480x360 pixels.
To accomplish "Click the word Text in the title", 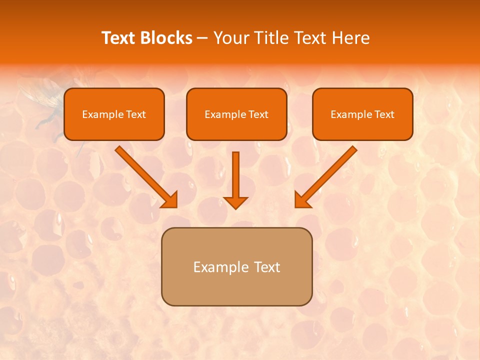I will (x=119, y=38).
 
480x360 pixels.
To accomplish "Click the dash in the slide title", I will (x=202, y=38).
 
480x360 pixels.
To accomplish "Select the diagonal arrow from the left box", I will (x=142, y=172).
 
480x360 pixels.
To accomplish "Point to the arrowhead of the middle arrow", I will (x=235, y=202).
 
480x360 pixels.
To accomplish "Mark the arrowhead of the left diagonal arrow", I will (x=170, y=199).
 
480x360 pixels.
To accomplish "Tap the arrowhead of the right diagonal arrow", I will (x=302, y=199).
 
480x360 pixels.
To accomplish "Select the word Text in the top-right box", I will (x=384, y=114).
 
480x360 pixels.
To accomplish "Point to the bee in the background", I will (x=42, y=100).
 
